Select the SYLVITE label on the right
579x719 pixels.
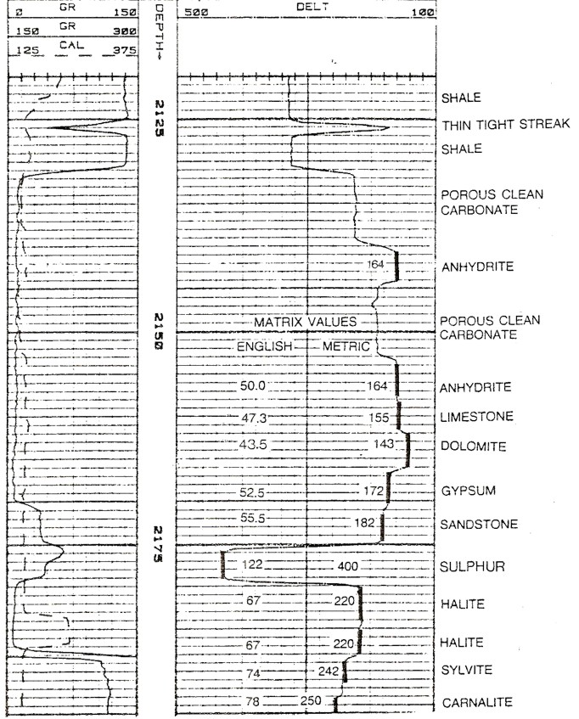[466, 671]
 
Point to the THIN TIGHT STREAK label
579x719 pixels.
[505, 125]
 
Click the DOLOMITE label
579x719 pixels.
[473, 447]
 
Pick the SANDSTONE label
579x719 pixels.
[479, 525]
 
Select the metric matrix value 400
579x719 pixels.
[347, 566]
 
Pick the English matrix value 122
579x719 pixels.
[253, 566]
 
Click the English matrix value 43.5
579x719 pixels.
[253, 446]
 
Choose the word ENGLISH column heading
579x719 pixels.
[265, 346]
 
